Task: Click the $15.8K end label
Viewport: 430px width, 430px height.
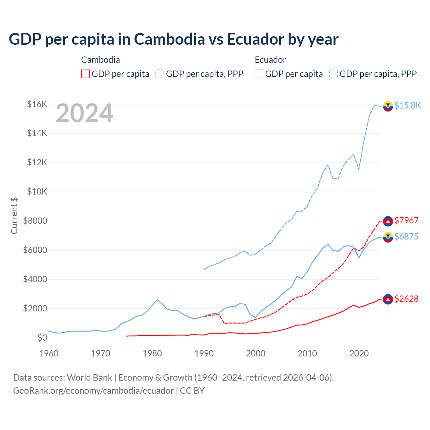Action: click(x=407, y=105)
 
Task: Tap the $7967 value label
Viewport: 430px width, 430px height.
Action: click(x=406, y=220)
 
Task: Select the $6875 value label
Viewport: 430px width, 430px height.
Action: click(x=406, y=236)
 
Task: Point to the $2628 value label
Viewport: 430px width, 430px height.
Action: click(x=406, y=299)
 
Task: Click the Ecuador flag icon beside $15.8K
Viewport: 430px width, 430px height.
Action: click(x=388, y=106)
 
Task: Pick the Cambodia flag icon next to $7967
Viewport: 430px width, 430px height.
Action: click(x=388, y=221)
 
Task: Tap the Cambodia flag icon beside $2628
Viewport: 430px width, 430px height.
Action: click(x=388, y=299)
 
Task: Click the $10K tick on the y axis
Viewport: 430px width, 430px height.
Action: click(x=37, y=192)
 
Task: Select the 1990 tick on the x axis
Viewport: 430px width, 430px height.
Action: click(x=204, y=353)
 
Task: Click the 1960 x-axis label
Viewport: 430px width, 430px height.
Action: click(x=49, y=353)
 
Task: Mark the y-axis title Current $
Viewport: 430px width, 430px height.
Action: click(x=14, y=216)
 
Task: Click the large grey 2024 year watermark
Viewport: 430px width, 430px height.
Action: click(x=84, y=113)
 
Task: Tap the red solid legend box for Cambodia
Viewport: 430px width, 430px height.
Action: click(x=86, y=74)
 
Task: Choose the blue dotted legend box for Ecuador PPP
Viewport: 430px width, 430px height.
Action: click(x=334, y=74)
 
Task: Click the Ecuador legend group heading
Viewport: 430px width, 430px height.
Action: click(x=270, y=60)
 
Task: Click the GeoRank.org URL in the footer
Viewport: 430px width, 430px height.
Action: click(x=93, y=391)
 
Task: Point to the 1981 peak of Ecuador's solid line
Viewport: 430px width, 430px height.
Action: click(x=157, y=300)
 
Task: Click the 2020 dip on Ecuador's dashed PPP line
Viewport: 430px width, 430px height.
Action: click(x=359, y=169)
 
